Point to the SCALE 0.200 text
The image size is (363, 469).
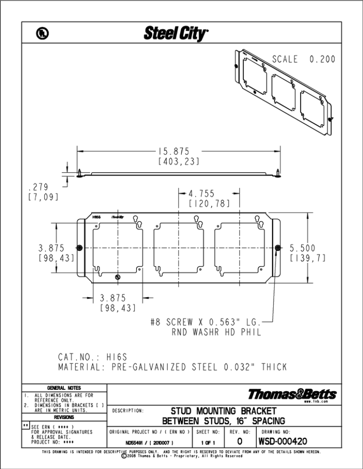coord(303,59)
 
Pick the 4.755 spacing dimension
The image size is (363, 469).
coord(201,193)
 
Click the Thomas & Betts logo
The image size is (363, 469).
coord(292,394)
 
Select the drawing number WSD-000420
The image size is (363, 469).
coord(283,442)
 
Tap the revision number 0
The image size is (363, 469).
coord(240,442)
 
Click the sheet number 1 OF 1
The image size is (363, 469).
coord(208,443)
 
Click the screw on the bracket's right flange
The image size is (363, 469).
coord(278,248)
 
